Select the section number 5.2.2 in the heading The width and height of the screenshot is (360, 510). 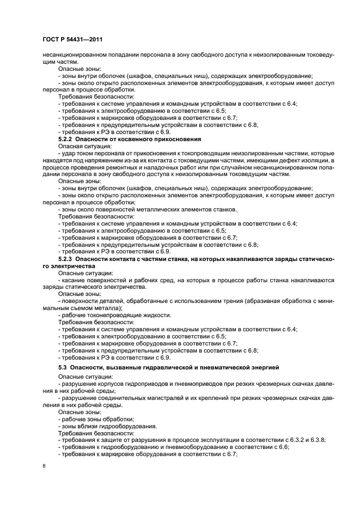(65, 139)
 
